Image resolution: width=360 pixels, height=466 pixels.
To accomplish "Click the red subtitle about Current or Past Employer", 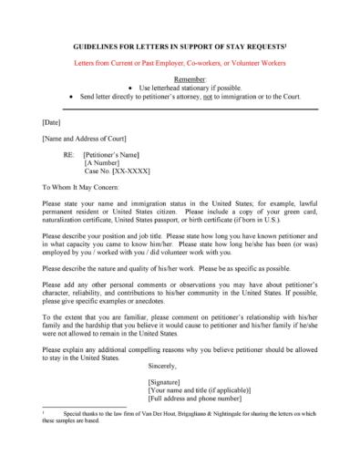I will click(x=180, y=64).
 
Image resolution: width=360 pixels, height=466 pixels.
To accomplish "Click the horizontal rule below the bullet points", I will click(x=180, y=109).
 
